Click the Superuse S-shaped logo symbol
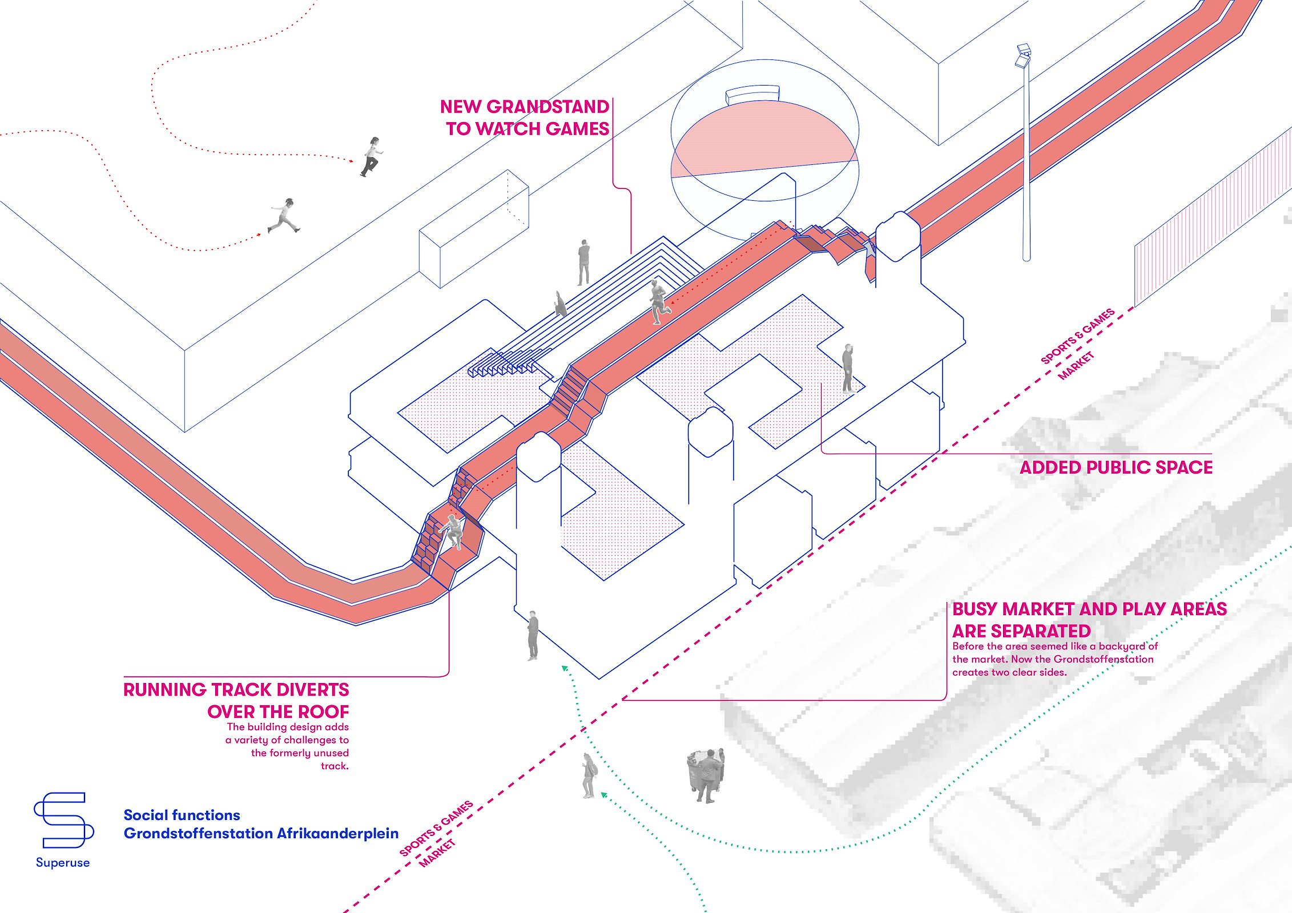tap(63, 820)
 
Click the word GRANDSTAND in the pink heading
tap(548, 107)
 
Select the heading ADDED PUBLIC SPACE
tap(1116, 467)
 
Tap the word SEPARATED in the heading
tap(1021, 631)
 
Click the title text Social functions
tap(182, 815)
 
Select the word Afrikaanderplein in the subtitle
tap(337, 833)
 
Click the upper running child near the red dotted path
tap(372, 156)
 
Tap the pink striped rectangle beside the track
tap(1210, 217)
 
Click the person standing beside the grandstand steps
tap(583, 262)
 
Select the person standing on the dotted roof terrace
tap(848, 369)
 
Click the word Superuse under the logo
tap(63, 862)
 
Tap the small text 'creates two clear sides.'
tap(1009, 672)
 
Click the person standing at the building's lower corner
tap(533, 635)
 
